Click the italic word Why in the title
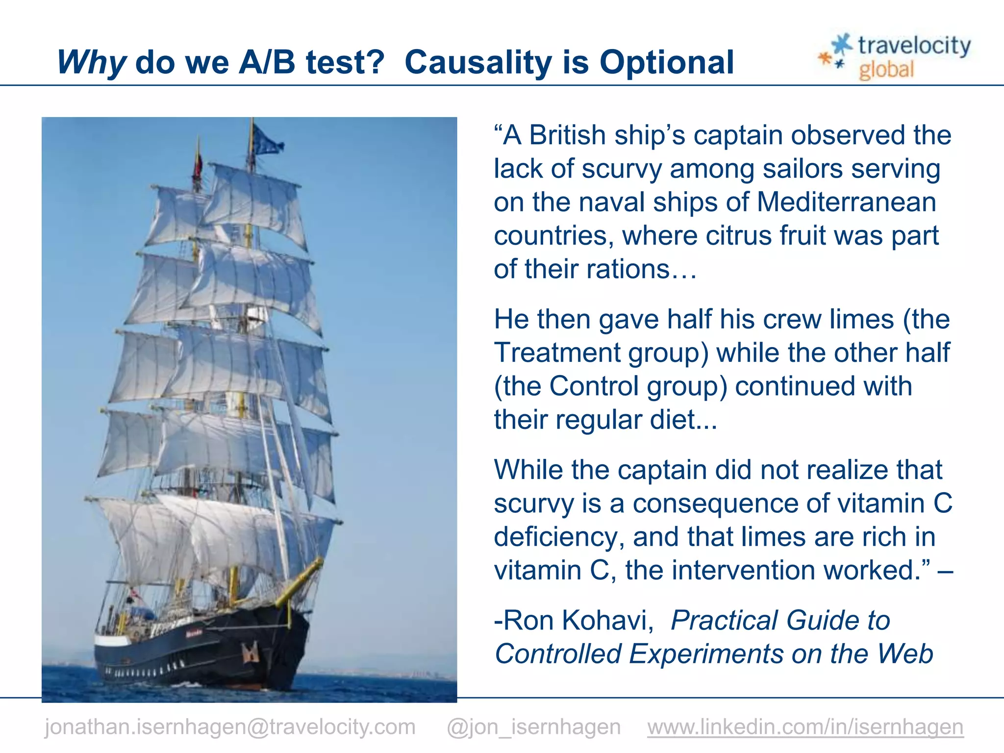click(92, 63)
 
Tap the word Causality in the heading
click(478, 63)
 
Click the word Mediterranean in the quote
click(846, 202)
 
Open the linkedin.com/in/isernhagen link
click(805, 727)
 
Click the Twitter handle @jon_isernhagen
click(533, 727)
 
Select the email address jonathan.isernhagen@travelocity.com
click(230, 727)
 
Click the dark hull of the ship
click(206, 652)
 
